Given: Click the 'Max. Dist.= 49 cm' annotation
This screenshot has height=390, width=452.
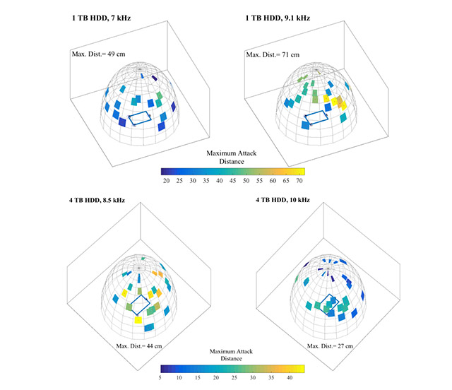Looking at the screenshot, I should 98,54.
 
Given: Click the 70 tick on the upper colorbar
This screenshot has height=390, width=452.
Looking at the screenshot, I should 299,181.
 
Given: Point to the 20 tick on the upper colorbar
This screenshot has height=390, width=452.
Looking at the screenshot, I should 167,181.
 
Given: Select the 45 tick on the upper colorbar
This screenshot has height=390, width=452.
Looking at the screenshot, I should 233,181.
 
